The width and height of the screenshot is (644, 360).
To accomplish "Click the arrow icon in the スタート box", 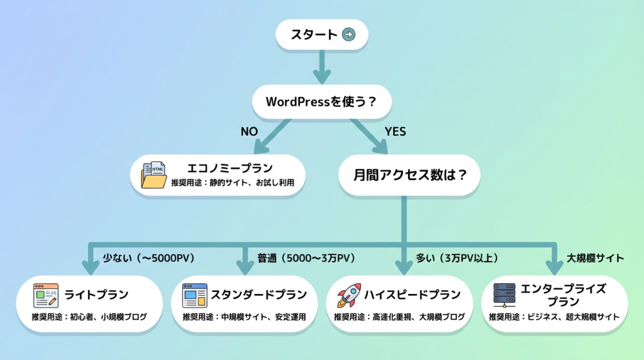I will pos(348,35).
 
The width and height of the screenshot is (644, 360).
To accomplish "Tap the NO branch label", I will pos(250,132).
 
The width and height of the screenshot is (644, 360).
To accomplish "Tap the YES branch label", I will pos(395,132).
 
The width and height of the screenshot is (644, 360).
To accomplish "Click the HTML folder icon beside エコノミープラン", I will pos(155,175).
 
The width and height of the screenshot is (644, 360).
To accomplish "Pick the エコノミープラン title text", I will pos(230,169).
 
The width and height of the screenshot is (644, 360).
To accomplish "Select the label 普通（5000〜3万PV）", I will pos(306,258).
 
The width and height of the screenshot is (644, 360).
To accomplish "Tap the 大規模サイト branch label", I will pos(595,258).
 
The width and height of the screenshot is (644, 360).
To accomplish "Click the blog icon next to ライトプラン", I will pos(46,295).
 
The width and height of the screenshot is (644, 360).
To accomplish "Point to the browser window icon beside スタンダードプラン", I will pos(194,295).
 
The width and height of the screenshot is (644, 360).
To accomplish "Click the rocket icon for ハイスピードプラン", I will pos(349,295).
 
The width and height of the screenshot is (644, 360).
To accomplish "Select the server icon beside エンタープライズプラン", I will pos(504,295).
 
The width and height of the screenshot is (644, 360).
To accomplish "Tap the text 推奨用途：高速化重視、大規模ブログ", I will pos(399,317).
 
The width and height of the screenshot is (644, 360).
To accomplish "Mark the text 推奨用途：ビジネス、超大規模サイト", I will pos(554,317).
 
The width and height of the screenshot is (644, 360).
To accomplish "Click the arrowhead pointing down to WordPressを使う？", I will pos(321,77).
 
